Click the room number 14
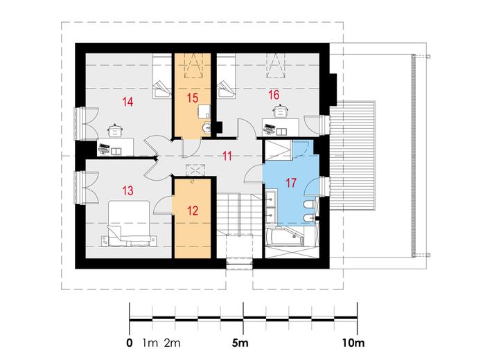pyautogui.click(x=128, y=101)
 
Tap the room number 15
pyautogui.click(x=193, y=98)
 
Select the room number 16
pyautogui.click(x=274, y=95)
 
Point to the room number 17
pyautogui.click(x=291, y=183)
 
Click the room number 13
pyautogui.click(x=128, y=190)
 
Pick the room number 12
pyautogui.click(x=193, y=210)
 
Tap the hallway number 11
pyautogui.click(x=227, y=156)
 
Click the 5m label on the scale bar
pyautogui.click(x=240, y=343)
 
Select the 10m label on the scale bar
pyautogui.click(x=353, y=343)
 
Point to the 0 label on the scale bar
pyautogui.click(x=130, y=343)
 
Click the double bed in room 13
pyautogui.click(x=129, y=224)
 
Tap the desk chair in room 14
pyautogui.click(x=115, y=130)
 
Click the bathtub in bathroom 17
pyautogui.click(x=285, y=237)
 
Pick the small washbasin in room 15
pyautogui.click(x=207, y=127)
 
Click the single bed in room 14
pyautogui.click(x=161, y=76)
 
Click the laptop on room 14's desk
pyautogui.click(x=104, y=147)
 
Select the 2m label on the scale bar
pyautogui.click(x=172, y=343)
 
